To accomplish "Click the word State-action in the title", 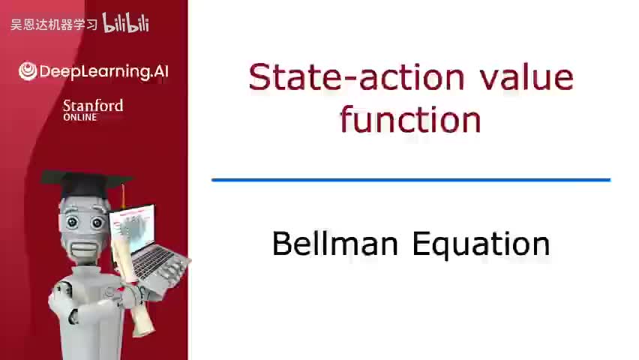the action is pos(356,76).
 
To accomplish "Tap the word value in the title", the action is pos(526,76).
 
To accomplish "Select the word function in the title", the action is pos(411,118).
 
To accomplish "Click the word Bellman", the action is pos(335,243).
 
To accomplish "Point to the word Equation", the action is pos(481,244).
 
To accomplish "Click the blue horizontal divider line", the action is pos(411,179).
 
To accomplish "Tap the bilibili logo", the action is pos(125,22).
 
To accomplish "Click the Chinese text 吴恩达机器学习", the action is pos(54,25).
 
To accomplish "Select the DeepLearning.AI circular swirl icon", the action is pos(28,71).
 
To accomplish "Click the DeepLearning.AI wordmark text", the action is pos(104,72).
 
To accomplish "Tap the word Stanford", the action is pos(93,106).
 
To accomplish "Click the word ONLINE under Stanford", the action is pos(79,118).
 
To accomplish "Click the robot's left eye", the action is pos(72,222).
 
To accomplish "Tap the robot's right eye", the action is pos(97,223).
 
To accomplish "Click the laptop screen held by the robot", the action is pos(133,228).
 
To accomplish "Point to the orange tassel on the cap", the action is pos(123,197).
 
